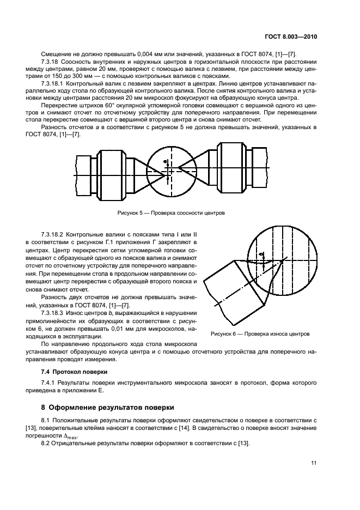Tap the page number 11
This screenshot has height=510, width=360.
[314, 463]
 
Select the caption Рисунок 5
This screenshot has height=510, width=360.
[171, 212]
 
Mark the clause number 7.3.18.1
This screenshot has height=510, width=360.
[54, 83]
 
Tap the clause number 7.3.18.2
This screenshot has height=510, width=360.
[54, 233]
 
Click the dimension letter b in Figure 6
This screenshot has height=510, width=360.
[261, 254]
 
